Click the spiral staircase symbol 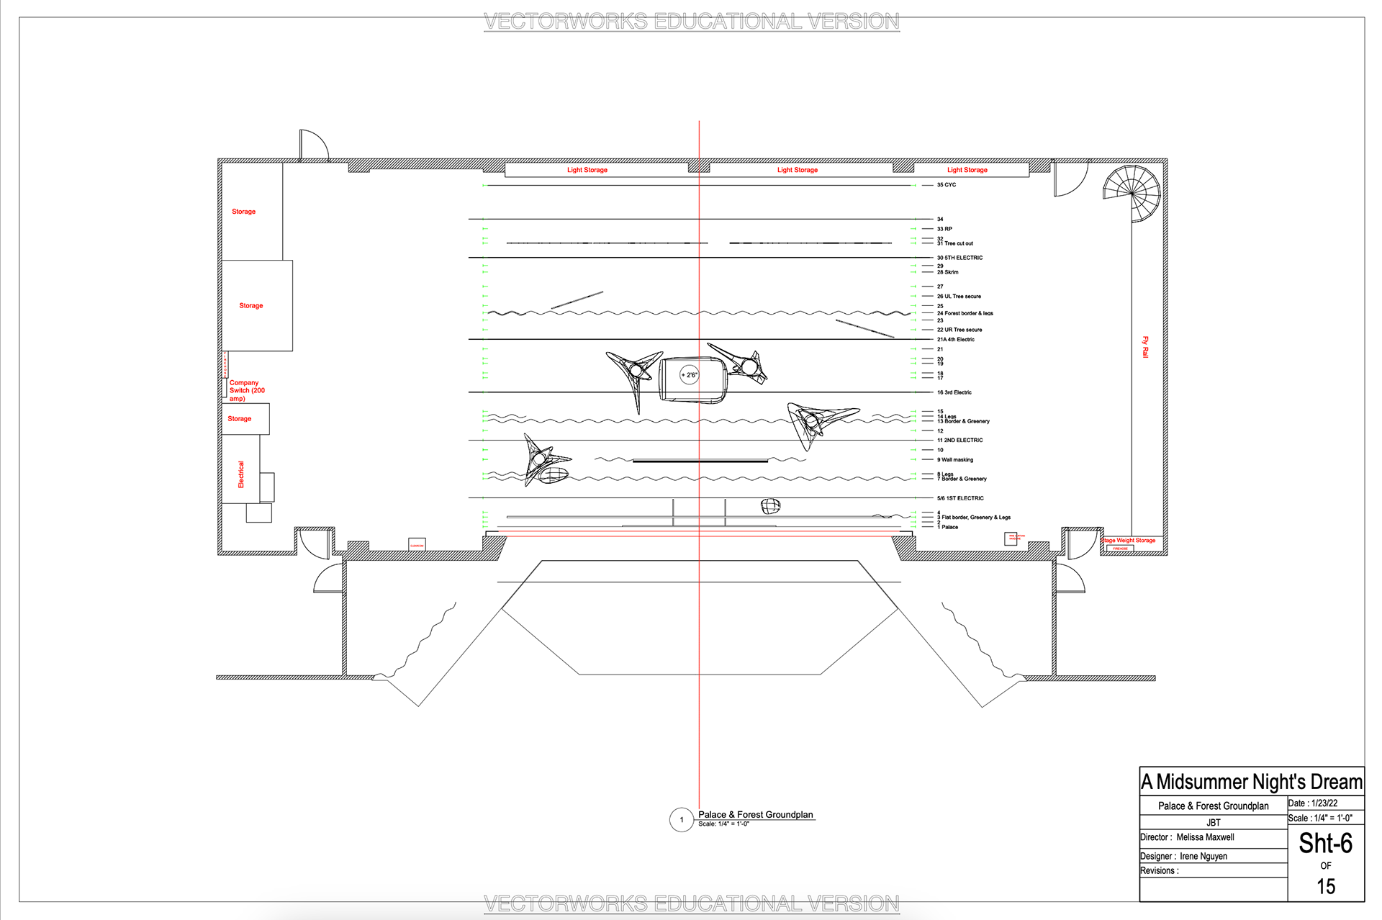[x=1132, y=193]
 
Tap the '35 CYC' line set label [x=947, y=185]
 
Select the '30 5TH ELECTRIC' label [x=959, y=258]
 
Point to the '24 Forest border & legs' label [x=965, y=313]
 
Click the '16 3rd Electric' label [x=954, y=392]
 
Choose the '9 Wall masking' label [x=955, y=459]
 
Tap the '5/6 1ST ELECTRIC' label [x=960, y=498]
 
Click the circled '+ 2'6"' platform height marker [x=690, y=375]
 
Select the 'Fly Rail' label [x=1145, y=347]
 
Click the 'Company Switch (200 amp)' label [x=247, y=391]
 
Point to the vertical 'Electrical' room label [x=241, y=474]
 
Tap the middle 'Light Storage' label [x=798, y=170]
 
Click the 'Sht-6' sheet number [x=1325, y=843]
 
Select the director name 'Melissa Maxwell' [x=1205, y=837]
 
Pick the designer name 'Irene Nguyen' [x=1203, y=856]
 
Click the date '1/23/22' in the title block [x=1324, y=803]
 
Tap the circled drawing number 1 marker [x=682, y=820]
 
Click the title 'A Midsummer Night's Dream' [x=1252, y=782]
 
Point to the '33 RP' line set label [x=944, y=229]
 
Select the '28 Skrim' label [x=947, y=272]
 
